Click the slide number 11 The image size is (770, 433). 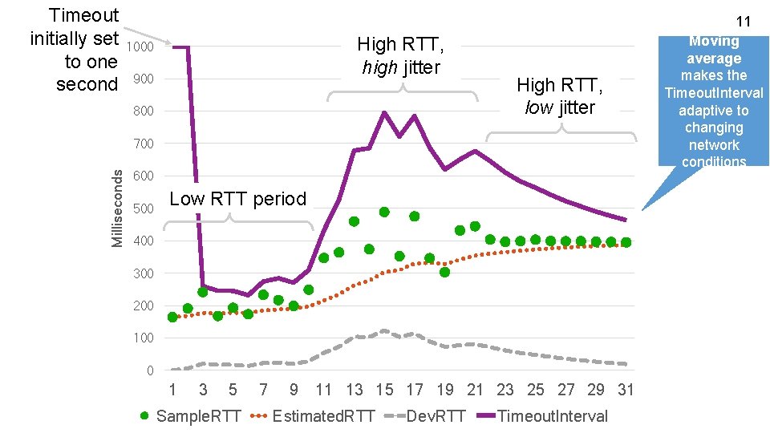pyautogui.click(x=742, y=20)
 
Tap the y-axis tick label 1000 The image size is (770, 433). pyautogui.click(x=140, y=47)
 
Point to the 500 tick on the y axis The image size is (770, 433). pyautogui.click(x=144, y=208)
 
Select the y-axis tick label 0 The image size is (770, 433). pyautogui.click(x=150, y=370)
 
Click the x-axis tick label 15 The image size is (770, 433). pyautogui.click(x=385, y=391)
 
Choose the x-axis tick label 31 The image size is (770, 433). pyautogui.click(x=626, y=391)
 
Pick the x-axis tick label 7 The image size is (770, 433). pyautogui.click(x=263, y=391)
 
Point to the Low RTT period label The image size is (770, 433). pyautogui.click(x=238, y=199)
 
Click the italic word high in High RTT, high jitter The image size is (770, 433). pyautogui.click(x=380, y=67)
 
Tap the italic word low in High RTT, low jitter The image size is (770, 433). pyautogui.click(x=538, y=107)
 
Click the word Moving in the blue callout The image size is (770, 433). pyautogui.click(x=714, y=41)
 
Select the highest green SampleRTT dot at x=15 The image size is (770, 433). pyautogui.click(x=384, y=212)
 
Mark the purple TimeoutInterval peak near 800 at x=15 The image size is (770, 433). pyautogui.click(x=384, y=113)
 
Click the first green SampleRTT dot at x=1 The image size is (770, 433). pyautogui.click(x=172, y=318)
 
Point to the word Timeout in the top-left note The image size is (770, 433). pyautogui.click(x=83, y=15)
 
